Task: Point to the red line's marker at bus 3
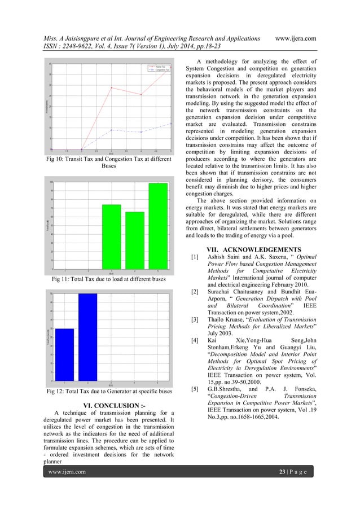[111, 87]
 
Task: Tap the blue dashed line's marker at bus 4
[141, 132]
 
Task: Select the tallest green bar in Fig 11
[158, 225]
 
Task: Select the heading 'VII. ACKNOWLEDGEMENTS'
[253, 250]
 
